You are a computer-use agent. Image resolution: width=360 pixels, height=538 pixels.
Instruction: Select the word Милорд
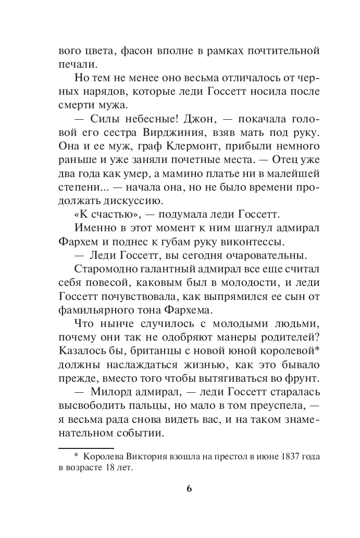click(x=104, y=390)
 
